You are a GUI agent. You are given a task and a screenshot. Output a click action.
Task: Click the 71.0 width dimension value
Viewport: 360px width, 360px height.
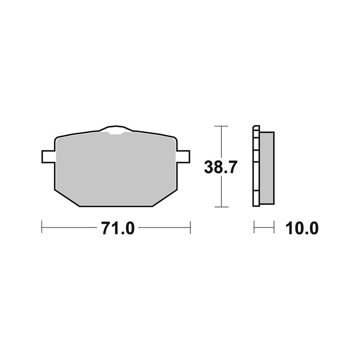(118, 228)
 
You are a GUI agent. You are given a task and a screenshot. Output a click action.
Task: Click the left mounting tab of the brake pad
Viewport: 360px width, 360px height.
(48, 156)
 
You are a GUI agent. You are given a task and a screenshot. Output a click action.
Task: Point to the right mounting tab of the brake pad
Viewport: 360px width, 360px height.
(182, 156)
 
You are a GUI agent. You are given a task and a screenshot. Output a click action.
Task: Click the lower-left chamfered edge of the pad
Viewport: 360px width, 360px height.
(67, 198)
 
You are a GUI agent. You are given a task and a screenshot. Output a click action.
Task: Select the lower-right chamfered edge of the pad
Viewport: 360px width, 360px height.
(164, 198)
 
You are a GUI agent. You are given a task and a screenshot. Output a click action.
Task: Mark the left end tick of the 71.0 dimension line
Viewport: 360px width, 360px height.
(42, 227)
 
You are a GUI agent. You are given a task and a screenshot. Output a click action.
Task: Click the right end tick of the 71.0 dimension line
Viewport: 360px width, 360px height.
(190, 227)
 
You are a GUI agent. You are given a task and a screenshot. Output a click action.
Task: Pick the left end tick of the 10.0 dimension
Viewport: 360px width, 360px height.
(254, 227)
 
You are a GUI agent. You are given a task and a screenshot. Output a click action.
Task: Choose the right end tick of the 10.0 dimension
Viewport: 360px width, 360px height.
(274, 227)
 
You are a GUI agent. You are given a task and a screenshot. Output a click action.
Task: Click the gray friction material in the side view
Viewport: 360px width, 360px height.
(266, 167)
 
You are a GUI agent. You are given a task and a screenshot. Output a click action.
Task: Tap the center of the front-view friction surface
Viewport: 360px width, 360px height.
(115, 169)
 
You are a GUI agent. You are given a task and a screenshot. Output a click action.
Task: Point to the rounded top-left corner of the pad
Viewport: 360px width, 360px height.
(57, 139)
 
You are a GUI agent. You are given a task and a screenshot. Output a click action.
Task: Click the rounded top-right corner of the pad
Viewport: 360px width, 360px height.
(174, 138)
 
